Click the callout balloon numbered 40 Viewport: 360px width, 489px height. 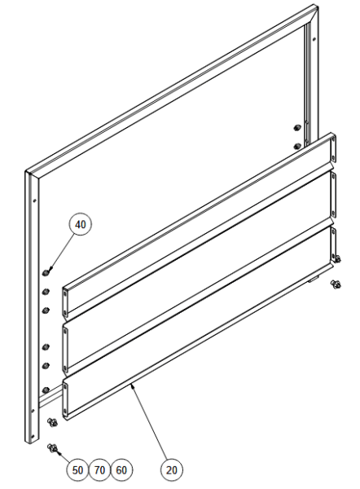pyautogui.click(x=81, y=225)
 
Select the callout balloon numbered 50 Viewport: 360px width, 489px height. pyautogui.click(x=77, y=470)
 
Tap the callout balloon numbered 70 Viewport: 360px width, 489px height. pyautogui.click(x=99, y=470)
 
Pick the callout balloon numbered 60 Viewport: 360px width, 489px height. pyautogui.click(x=121, y=470)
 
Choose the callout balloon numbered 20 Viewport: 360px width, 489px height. pyautogui.click(x=172, y=470)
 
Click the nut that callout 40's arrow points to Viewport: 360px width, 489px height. pyautogui.click(x=46, y=272)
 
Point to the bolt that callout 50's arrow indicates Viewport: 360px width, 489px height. pyautogui.click(x=52, y=448)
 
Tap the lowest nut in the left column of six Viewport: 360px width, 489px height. pyautogui.click(x=46, y=390)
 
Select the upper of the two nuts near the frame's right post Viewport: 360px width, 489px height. pyautogui.click(x=297, y=128)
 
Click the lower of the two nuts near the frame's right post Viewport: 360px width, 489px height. pyautogui.click(x=297, y=146)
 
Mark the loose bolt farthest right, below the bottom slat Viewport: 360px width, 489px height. pyautogui.click(x=336, y=284)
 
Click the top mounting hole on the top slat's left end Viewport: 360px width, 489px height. pyautogui.click(x=65, y=293)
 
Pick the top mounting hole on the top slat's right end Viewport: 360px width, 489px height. pyautogui.click(x=334, y=139)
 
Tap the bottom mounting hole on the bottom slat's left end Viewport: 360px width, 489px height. pyautogui.click(x=65, y=410)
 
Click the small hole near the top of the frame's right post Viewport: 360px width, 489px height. pyautogui.click(x=314, y=39)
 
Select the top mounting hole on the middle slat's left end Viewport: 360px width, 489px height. pyautogui.click(x=65, y=332)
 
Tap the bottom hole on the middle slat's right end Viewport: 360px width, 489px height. pyautogui.click(x=334, y=214)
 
